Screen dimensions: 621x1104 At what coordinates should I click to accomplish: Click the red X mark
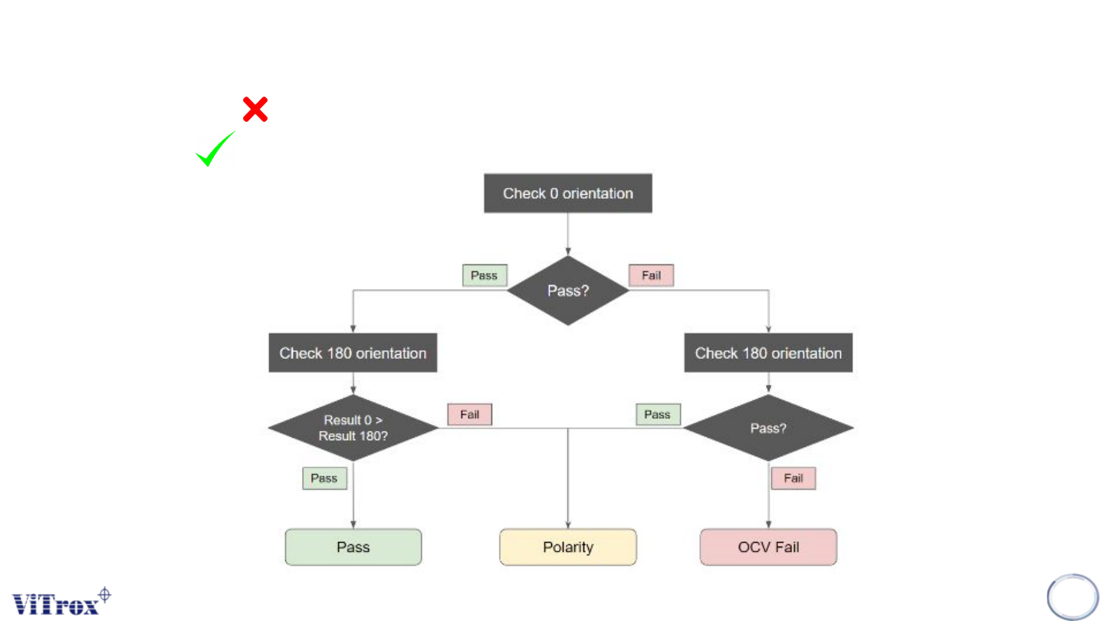tap(255, 110)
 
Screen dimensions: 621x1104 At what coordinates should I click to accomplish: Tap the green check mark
tap(215, 149)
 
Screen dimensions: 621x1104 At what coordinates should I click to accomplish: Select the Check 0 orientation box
tap(568, 193)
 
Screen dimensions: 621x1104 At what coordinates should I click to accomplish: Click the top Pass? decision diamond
tap(568, 291)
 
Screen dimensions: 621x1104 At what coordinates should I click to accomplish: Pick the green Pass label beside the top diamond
tap(485, 275)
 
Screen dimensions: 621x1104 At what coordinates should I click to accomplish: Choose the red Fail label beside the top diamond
tap(651, 275)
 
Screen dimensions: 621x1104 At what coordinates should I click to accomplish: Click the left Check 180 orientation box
tap(353, 353)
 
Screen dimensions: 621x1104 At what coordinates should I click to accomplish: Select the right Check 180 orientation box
tap(768, 353)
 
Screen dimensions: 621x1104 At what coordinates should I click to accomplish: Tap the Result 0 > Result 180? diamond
tap(353, 428)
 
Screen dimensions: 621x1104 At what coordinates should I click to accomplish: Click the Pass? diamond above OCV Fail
tap(768, 428)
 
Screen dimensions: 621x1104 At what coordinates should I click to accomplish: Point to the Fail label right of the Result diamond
tap(469, 415)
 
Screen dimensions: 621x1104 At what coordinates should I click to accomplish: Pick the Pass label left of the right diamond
tap(657, 415)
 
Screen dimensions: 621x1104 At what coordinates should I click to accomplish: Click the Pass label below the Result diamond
tap(324, 478)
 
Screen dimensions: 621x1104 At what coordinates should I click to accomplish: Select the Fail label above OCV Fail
tap(793, 478)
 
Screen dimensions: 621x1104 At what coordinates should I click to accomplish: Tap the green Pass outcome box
tap(353, 547)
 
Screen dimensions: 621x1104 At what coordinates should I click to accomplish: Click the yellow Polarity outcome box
tap(568, 547)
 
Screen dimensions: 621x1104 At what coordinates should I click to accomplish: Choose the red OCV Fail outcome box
tap(768, 547)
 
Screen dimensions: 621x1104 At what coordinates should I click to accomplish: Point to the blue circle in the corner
tap(1073, 597)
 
